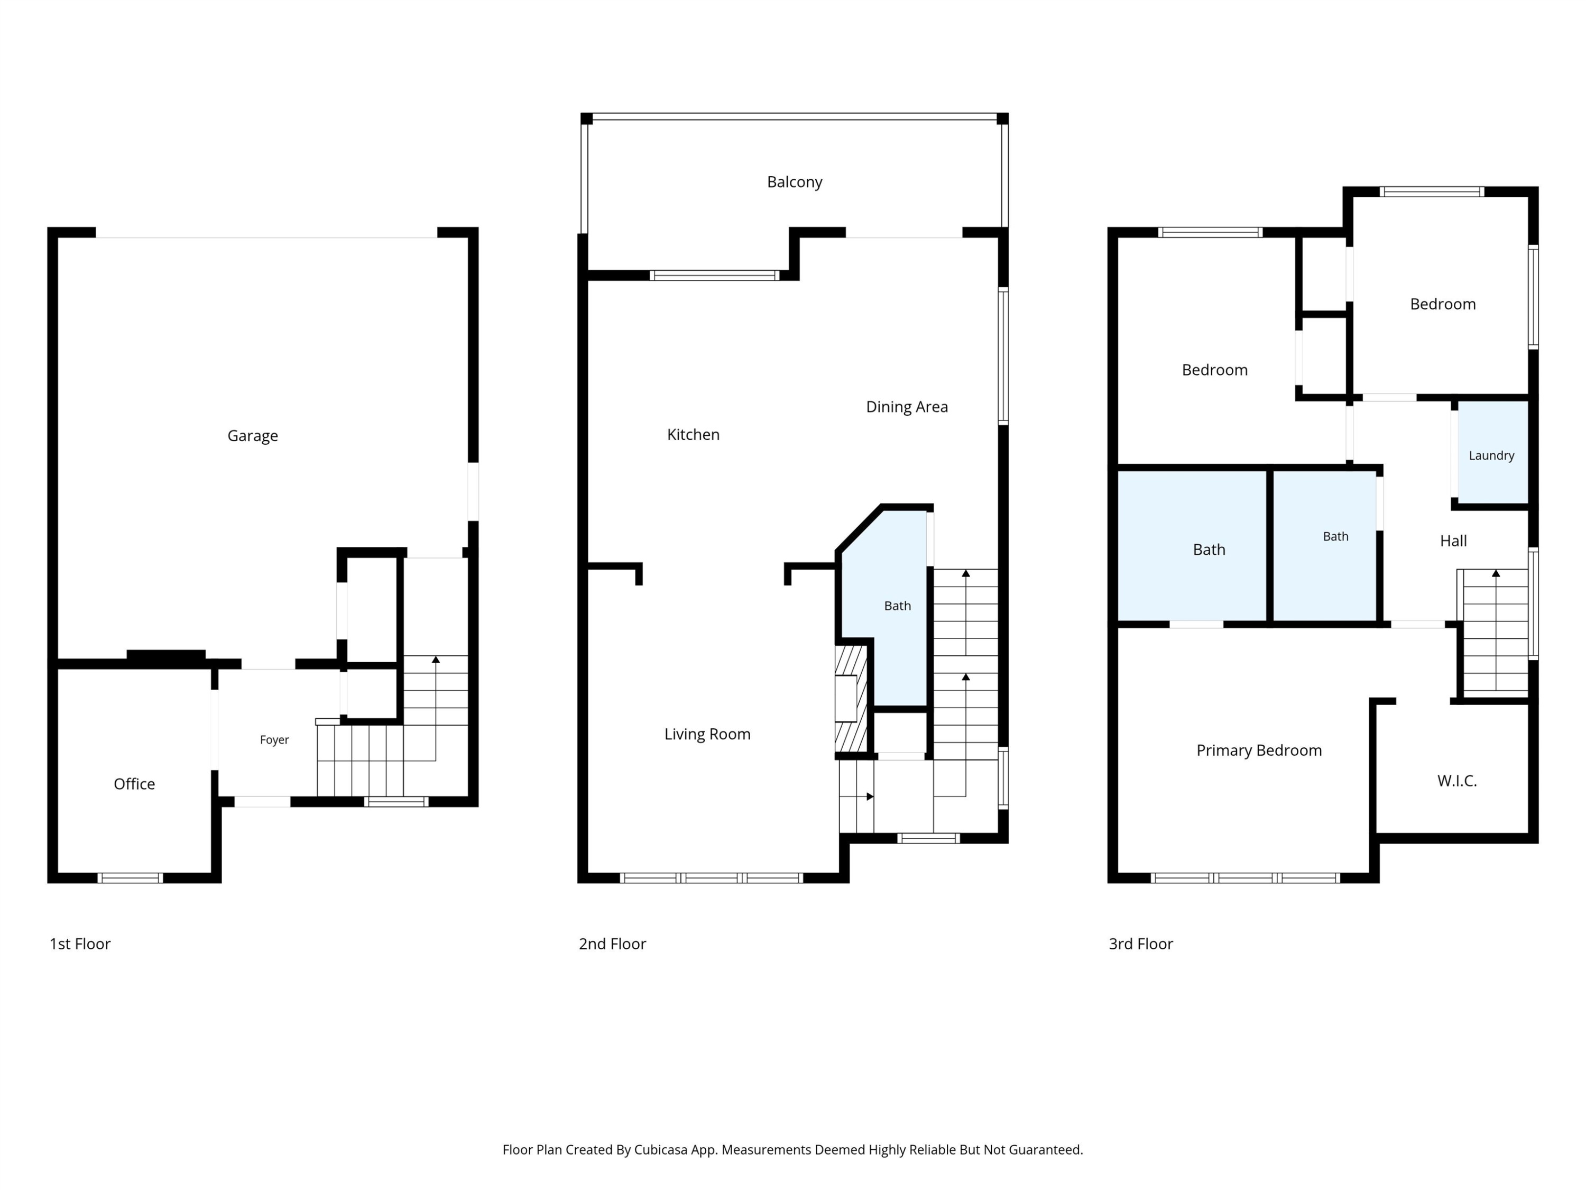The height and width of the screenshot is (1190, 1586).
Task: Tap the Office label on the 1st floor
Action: point(134,784)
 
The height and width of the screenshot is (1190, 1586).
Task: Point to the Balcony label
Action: point(795,182)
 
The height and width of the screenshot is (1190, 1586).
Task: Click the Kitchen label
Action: point(693,435)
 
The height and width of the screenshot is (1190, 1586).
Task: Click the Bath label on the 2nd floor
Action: point(897,606)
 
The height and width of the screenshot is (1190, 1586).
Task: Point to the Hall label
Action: point(1453,541)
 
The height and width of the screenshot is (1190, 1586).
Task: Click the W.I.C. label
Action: point(1457,781)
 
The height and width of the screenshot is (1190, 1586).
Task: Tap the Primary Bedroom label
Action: point(1259,751)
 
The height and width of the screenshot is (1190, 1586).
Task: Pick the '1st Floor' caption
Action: point(80,944)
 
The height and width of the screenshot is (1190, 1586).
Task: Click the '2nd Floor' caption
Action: point(612,944)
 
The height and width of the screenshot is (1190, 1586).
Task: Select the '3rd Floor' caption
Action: point(1141,944)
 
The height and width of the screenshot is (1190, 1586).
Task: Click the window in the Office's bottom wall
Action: point(130,878)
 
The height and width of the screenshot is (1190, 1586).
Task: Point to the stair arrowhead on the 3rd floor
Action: point(1496,574)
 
